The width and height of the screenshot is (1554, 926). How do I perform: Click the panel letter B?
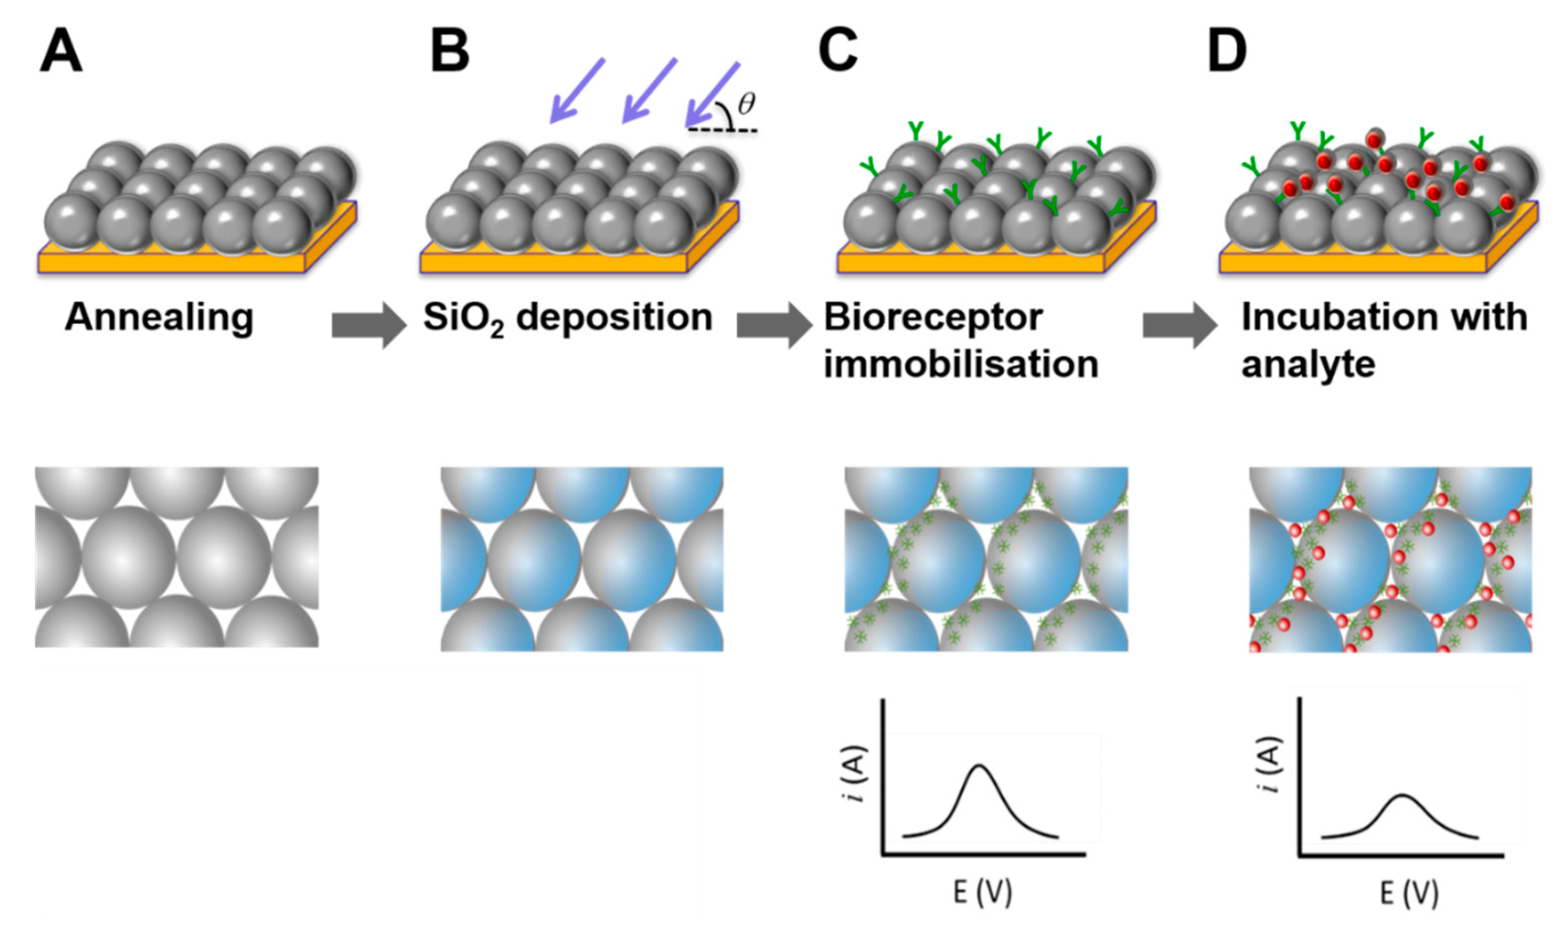450,52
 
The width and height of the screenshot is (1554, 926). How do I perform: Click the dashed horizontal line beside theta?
724,131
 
